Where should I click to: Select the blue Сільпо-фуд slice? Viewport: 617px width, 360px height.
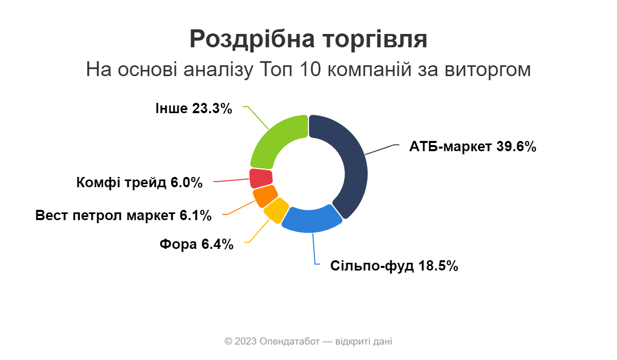point(312,220)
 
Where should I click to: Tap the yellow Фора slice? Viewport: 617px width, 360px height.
point(273,210)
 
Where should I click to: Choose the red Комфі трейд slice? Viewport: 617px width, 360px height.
point(260,178)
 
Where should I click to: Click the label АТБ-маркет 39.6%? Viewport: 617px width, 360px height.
point(473,147)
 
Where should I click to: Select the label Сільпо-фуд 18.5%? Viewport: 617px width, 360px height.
point(394,266)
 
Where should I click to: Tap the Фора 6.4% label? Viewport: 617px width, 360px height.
point(196,244)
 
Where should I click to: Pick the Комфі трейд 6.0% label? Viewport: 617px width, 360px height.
point(139,183)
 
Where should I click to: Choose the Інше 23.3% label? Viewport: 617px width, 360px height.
point(193,109)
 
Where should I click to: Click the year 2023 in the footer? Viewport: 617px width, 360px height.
point(246,341)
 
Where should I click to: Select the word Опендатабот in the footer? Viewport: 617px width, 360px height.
point(289,341)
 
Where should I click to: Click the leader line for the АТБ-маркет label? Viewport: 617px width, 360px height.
point(383,149)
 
